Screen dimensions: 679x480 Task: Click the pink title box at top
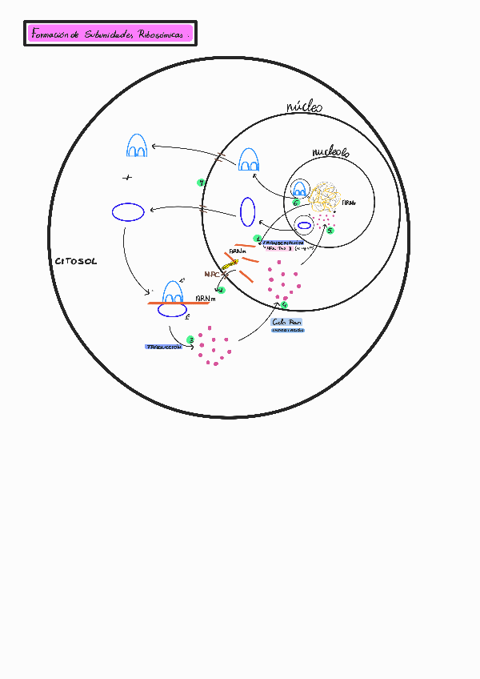coord(110,34)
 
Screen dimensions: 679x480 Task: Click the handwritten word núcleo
coord(304,106)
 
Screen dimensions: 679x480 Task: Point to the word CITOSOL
coord(76,262)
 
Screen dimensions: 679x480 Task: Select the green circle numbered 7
coord(201,183)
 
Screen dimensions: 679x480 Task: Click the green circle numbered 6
coord(295,202)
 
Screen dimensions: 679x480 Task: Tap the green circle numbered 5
coord(330,230)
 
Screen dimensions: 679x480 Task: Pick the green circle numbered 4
coord(284,304)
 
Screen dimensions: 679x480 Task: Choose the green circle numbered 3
coord(190,339)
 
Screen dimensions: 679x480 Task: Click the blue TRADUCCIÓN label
coord(163,347)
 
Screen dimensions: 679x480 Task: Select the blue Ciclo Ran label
coord(288,321)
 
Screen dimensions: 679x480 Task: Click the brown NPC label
coord(213,274)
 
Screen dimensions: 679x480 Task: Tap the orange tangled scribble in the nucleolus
coord(326,197)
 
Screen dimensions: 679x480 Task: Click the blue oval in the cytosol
coord(128,212)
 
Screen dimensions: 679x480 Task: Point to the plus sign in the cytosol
coord(126,176)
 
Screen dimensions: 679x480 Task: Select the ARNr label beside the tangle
coord(348,204)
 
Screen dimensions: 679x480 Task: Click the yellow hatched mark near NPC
coord(230,265)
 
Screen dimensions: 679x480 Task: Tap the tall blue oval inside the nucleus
coord(248,211)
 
